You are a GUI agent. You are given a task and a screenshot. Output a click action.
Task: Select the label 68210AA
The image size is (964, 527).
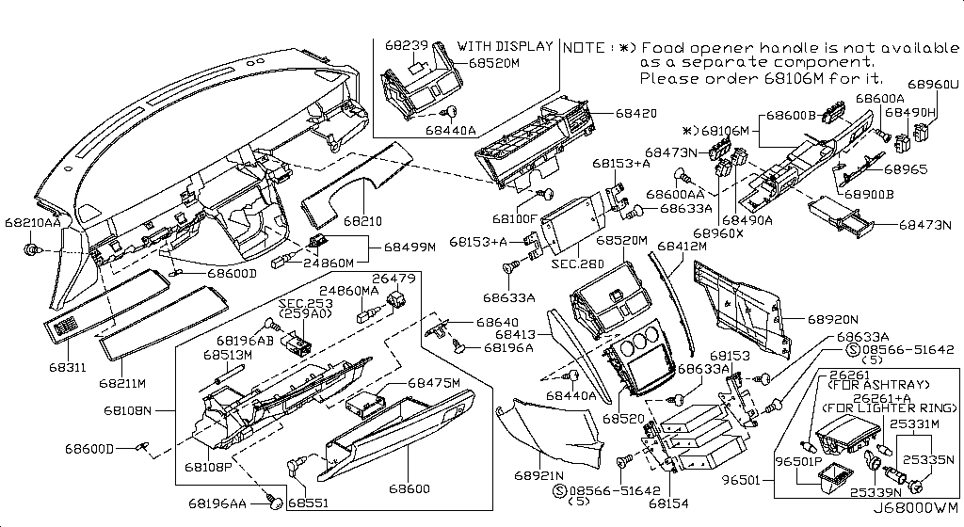31,223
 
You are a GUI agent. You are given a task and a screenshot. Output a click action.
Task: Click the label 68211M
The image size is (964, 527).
124,383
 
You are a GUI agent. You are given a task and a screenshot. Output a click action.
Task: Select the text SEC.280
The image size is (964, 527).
578,264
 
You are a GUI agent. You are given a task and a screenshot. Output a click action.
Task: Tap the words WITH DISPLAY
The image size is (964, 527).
506,45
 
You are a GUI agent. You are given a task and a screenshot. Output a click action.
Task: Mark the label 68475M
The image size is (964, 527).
435,383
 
